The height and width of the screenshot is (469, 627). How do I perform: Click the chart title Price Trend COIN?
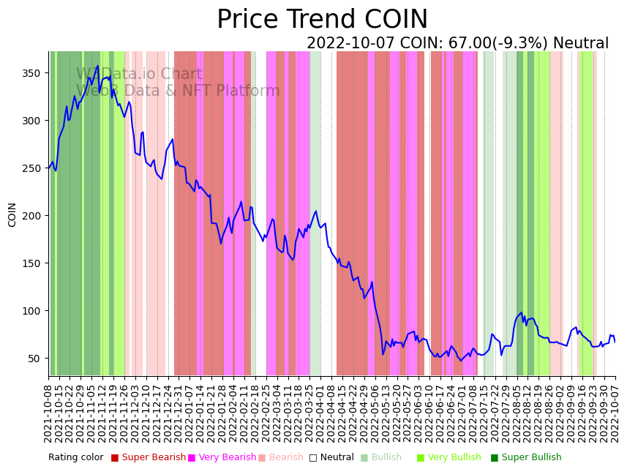322,20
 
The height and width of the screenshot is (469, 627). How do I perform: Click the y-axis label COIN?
12,214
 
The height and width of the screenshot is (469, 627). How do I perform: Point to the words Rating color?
76,458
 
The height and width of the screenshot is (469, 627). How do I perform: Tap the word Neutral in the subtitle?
581,44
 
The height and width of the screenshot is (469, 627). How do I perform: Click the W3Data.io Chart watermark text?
139,74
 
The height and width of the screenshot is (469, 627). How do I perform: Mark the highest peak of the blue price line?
98,66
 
